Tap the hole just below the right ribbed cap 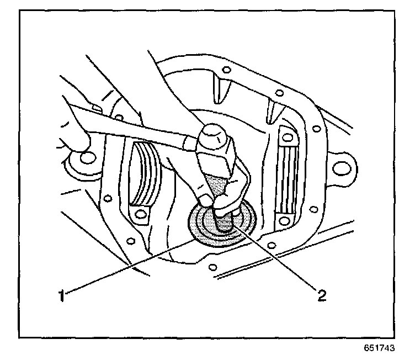(284, 221)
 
